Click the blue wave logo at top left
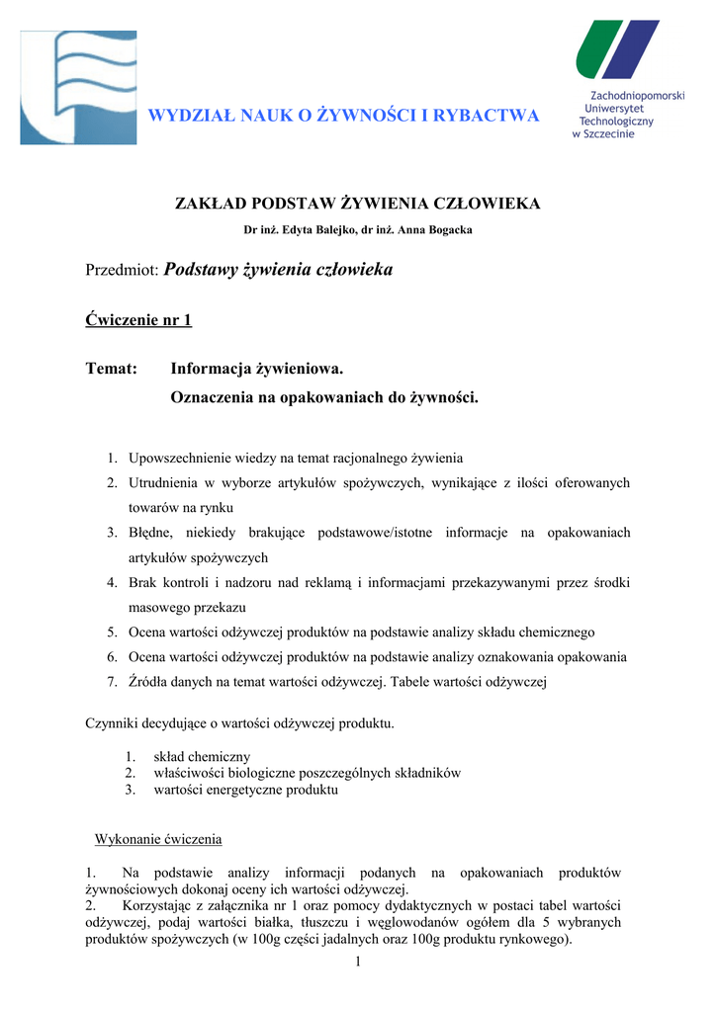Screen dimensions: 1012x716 [x=78, y=87]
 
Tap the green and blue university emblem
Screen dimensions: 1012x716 [x=617, y=49]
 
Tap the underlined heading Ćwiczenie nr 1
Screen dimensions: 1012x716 [x=139, y=319]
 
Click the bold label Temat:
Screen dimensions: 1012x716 [x=112, y=369]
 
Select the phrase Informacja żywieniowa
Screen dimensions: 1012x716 [x=256, y=369]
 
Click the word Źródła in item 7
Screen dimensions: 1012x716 [x=148, y=682]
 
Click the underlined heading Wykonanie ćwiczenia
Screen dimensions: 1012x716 [x=158, y=839]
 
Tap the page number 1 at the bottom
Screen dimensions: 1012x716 [x=358, y=964]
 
